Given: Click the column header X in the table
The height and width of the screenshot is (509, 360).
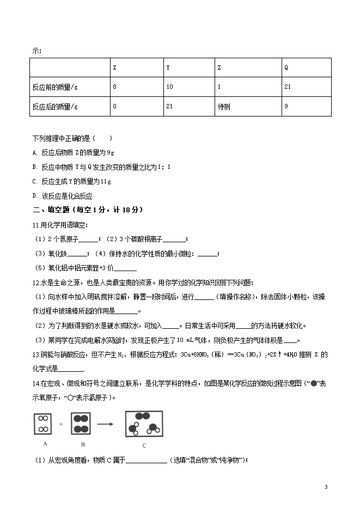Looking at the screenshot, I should [x=114, y=68].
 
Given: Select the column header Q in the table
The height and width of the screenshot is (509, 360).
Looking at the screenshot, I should [x=286, y=68].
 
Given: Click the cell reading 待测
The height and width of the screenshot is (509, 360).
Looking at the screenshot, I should [x=223, y=107].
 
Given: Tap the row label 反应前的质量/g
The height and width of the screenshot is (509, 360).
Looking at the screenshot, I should [x=55, y=87].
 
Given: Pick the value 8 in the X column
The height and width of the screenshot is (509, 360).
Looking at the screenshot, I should [x=114, y=87].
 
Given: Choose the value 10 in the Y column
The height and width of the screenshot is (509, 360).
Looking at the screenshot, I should [x=169, y=87].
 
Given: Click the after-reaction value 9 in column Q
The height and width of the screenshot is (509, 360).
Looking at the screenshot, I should [x=286, y=107].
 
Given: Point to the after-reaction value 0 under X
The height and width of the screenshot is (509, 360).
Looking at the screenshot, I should [x=114, y=107].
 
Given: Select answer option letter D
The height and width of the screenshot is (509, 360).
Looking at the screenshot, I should [x=34, y=196].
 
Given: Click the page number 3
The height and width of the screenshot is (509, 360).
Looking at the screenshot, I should [x=326, y=487].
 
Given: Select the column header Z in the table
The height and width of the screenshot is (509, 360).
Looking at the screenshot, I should [x=219, y=68].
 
